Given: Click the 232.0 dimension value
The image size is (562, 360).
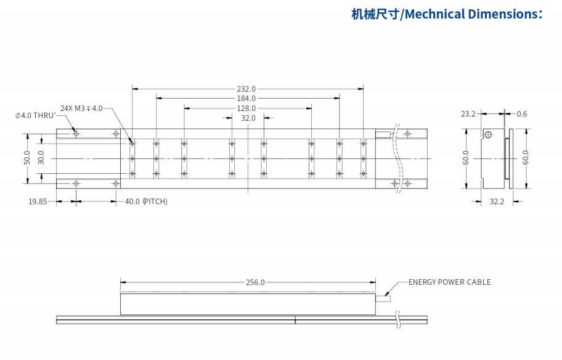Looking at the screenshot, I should pos(246,89).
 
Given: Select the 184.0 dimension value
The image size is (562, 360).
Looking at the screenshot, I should pos(246,99).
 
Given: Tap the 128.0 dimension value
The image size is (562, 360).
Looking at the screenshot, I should pos(246,108).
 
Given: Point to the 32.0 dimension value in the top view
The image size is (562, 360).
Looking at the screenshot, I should pos(248,118).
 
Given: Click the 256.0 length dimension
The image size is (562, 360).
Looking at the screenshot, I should pos(255,282).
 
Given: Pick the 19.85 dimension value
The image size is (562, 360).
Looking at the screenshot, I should pos(38,202).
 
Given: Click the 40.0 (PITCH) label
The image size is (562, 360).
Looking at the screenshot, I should pos(146,202).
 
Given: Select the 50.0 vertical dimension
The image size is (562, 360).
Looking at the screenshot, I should pos(26,158).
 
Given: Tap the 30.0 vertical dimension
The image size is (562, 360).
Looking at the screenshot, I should pos(41,158).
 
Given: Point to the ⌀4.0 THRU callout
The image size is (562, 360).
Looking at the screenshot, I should pos(36,115).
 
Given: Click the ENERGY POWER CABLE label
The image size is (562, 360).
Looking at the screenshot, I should pos(450,282).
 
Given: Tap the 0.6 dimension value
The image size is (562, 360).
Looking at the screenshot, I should pos(522,114).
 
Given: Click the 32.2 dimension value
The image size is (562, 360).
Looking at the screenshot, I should pos(497,202).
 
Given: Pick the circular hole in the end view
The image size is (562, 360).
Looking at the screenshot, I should pos(488,135).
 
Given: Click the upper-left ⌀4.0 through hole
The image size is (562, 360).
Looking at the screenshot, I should pos(76,134).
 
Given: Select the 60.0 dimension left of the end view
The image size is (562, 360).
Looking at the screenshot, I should pos(466,158).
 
